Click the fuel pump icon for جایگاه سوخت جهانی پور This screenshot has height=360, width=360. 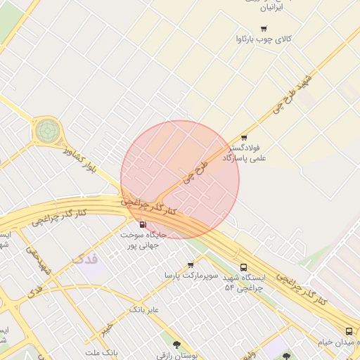[143, 224]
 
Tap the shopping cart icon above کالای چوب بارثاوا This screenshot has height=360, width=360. [264, 29]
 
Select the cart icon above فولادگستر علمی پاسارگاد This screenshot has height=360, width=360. [244, 138]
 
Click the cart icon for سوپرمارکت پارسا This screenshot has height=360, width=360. [191, 265]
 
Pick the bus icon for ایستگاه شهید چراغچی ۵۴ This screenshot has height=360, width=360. [244, 267]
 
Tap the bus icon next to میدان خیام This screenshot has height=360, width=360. [349, 331]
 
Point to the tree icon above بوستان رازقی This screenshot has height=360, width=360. [176, 345]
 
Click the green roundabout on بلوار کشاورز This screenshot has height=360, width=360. [48, 129]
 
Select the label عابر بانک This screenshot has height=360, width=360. [144, 309]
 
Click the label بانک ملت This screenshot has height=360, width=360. [100, 352]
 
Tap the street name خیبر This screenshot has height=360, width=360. [105, 329]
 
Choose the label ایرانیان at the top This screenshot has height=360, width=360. [271, 8]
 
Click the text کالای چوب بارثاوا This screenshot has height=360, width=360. [264, 40]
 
